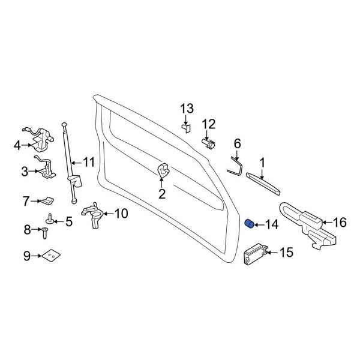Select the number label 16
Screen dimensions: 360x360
click(x=339, y=223)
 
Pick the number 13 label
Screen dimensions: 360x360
click(x=187, y=109)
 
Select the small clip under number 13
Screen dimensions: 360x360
click(x=186, y=127)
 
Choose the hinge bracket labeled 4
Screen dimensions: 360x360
click(x=37, y=140)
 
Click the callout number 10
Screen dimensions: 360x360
click(x=121, y=212)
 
